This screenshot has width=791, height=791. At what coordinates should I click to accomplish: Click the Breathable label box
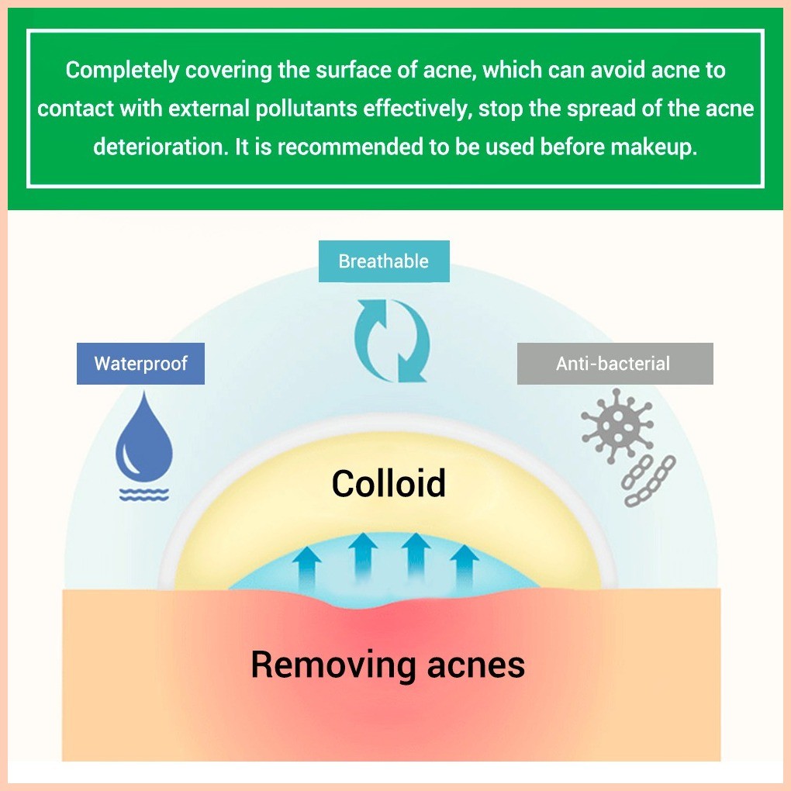(x=384, y=261)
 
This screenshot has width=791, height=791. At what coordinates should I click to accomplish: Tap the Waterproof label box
(x=140, y=363)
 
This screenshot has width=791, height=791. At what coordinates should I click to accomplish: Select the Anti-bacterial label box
(x=615, y=363)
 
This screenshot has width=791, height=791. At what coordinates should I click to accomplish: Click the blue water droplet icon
(x=144, y=436)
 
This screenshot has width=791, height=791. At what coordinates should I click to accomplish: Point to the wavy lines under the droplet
(x=144, y=495)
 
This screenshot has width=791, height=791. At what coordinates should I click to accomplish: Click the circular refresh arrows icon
(x=392, y=340)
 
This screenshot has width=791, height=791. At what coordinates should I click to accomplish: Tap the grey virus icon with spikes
(x=617, y=425)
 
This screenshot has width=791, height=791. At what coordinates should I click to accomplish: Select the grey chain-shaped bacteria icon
(x=649, y=481)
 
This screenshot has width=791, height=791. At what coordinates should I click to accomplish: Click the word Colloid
(x=389, y=483)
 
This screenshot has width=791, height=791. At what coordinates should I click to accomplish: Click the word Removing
(x=333, y=665)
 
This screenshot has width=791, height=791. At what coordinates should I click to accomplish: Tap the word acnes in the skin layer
(x=475, y=665)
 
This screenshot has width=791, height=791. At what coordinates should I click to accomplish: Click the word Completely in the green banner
(x=122, y=70)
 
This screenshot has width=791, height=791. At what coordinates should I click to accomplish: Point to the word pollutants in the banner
(x=306, y=109)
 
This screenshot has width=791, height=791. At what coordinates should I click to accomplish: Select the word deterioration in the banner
(x=161, y=147)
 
